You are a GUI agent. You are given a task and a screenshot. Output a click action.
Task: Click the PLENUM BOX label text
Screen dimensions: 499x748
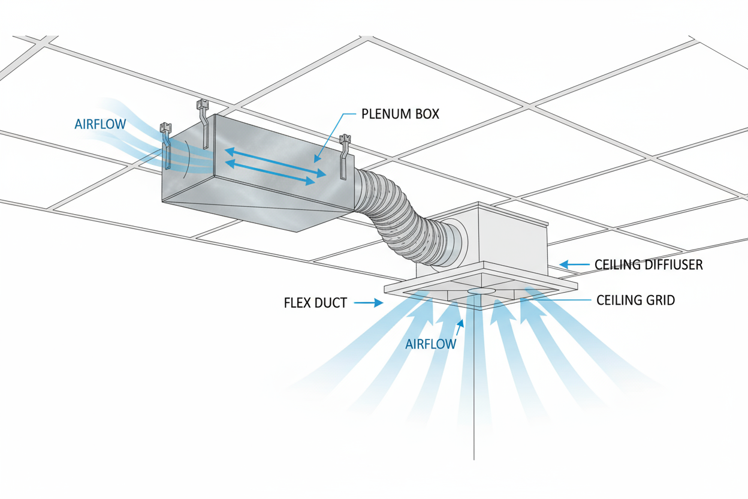click(400, 113)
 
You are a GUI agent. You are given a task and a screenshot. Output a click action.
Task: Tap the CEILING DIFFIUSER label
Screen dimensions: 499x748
click(648, 264)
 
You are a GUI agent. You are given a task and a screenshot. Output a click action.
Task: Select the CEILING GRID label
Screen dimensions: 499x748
click(635, 300)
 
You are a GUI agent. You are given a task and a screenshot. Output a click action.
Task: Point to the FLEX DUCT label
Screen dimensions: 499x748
click(315, 303)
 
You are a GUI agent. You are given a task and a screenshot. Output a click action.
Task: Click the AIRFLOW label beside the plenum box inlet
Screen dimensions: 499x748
click(100, 125)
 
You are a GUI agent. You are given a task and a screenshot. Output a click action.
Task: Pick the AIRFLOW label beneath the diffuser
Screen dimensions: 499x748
click(430, 344)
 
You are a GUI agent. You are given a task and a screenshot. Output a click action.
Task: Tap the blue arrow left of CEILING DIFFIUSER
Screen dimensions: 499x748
click(572, 264)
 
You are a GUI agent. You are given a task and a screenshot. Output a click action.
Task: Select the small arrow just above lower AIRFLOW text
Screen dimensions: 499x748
click(460, 326)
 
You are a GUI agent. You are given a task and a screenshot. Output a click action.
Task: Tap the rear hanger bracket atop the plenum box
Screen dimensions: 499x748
click(203, 123)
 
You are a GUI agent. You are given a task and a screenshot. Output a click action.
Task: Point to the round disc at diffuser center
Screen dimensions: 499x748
click(481, 291)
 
